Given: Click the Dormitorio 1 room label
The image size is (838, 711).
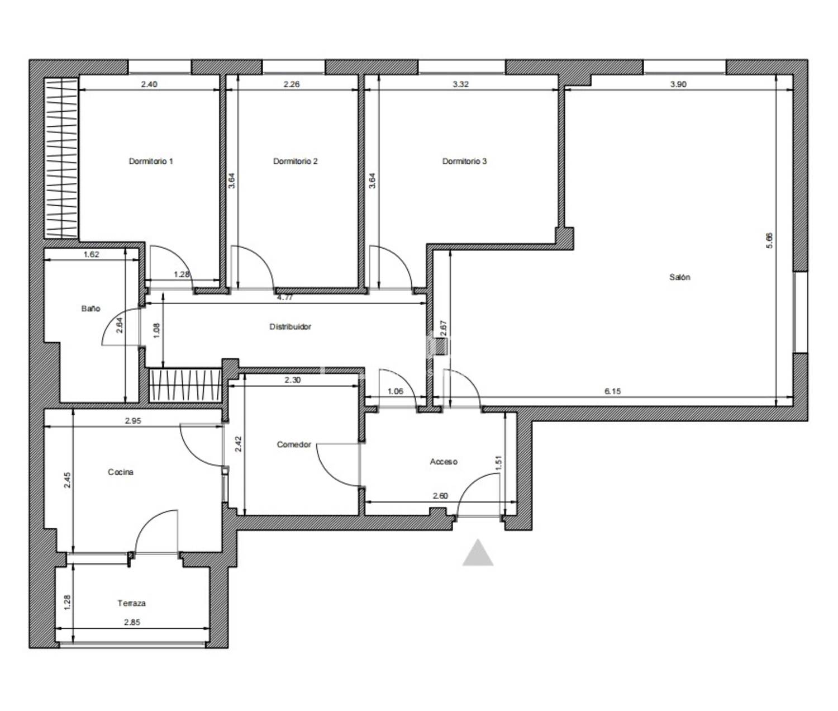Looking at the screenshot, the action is click(151, 162).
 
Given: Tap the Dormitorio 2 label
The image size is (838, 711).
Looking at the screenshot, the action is click(295, 162).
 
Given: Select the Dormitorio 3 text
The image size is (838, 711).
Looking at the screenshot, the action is click(464, 162).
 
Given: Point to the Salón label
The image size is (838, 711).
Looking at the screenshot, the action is click(679, 277).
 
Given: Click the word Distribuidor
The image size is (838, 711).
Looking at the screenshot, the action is click(291, 326).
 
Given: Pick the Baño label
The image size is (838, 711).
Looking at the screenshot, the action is click(91, 309).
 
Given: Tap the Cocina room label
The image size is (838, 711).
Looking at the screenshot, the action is click(121, 472).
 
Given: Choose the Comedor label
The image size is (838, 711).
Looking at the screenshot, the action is click(294, 444).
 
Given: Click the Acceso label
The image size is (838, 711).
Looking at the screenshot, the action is click(444, 462).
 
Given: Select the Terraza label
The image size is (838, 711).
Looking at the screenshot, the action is click(131, 603).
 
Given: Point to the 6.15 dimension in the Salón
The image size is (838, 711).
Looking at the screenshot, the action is click(613, 391).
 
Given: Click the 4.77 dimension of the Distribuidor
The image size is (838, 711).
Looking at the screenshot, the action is click(284, 298).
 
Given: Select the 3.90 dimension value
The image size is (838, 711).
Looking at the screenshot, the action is click(678, 84).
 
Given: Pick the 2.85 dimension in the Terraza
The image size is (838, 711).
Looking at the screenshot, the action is click(132, 622).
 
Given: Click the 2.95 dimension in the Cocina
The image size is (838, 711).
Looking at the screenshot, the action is click(133, 421).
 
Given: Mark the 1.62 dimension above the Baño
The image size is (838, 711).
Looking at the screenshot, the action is click(91, 255).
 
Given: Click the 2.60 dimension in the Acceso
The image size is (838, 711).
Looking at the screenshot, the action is click(440, 496).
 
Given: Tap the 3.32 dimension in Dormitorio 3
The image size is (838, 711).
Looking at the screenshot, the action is click(461, 84).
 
